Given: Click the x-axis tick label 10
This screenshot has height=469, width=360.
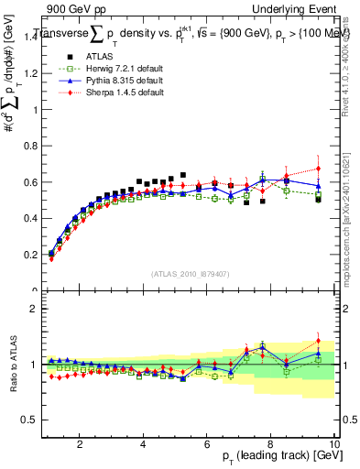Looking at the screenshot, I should click(333, 443).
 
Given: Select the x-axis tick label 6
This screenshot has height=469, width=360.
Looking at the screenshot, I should click(207, 443).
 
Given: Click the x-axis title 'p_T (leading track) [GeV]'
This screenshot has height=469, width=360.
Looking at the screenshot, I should click(274, 457).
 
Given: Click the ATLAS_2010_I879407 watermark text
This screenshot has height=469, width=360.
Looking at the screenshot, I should click(190, 272).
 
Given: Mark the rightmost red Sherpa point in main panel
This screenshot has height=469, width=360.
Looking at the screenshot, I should click(318, 169).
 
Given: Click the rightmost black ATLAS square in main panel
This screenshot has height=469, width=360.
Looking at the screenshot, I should click(318, 199).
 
